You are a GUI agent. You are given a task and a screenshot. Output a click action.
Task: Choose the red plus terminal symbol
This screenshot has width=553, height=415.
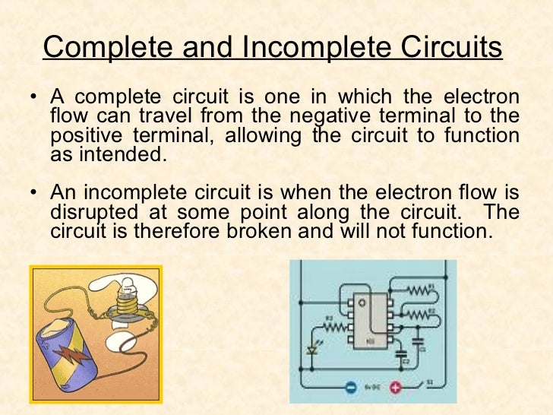point(395,387)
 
